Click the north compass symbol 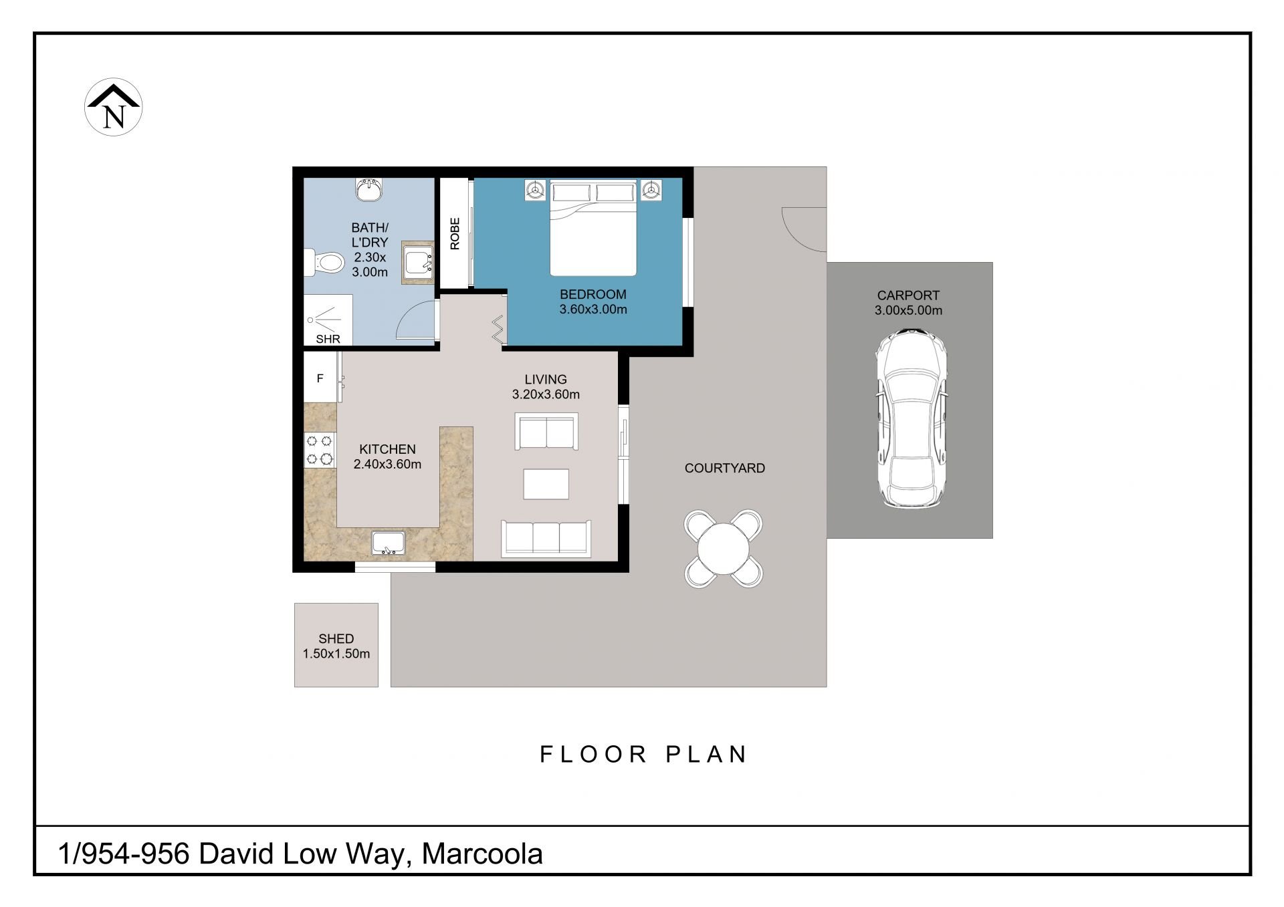coord(114,107)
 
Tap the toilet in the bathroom coord(322,261)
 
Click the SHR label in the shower coord(328,339)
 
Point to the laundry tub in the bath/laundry coord(418,263)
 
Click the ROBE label coord(455,234)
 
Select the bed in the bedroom coord(593,228)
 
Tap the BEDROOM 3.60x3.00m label coord(593,301)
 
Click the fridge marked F coord(320,378)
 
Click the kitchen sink coord(389,543)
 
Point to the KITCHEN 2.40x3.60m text coord(387,457)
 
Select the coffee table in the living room coord(546,484)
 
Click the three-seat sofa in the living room coord(546,539)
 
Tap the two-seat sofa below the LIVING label coord(546,431)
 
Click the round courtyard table coord(724,549)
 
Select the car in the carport coord(909,418)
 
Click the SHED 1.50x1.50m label coord(336,646)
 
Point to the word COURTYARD coord(725,468)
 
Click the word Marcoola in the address coord(482,854)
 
